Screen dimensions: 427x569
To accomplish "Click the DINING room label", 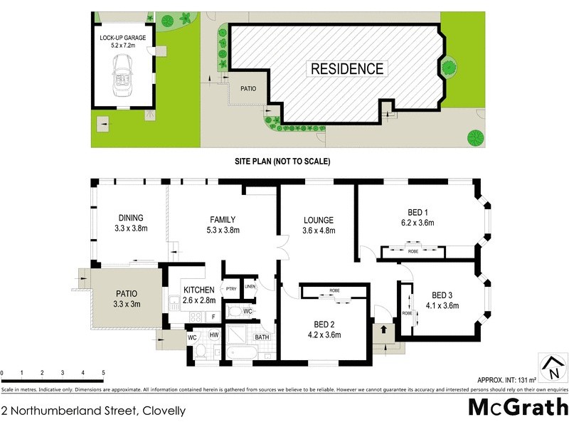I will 131,218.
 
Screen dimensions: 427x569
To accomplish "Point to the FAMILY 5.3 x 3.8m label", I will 223,225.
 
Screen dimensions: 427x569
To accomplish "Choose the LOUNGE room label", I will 318,225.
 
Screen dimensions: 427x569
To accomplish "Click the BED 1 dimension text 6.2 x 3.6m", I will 416,223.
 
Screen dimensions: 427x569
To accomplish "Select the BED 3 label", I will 442,295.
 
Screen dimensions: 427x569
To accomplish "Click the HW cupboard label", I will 214,334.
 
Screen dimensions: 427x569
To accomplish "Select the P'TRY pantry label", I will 231,288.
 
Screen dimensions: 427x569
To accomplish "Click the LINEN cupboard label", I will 249,287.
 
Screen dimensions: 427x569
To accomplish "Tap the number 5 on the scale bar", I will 103,373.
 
